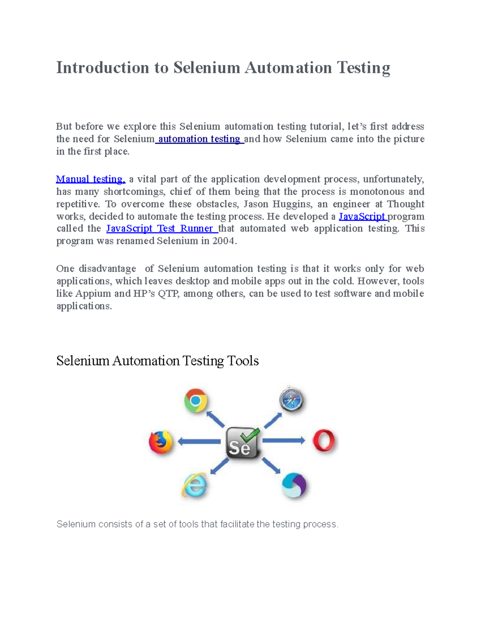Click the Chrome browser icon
(196, 400)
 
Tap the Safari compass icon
(291, 400)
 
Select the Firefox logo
(161, 442)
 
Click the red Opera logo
(324, 441)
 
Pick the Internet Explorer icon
(194, 485)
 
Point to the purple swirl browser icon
(294, 485)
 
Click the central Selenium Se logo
(242, 443)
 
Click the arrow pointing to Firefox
(199, 442)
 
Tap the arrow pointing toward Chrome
(216, 419)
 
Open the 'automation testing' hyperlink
(199, 139)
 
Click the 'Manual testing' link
(91, 179)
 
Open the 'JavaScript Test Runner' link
(161, 229)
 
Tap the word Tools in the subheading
(243, 361)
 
